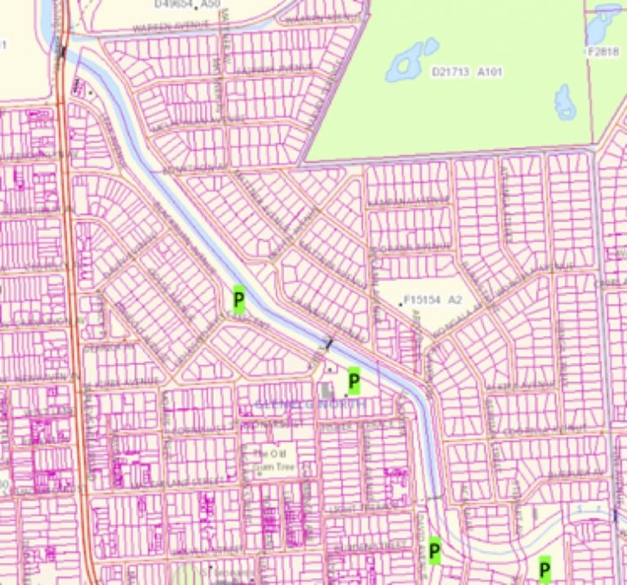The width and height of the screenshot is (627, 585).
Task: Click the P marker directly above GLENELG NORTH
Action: (354, 380)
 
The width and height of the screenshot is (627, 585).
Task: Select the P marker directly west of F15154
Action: (239, 300)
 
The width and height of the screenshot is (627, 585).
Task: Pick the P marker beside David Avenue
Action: (434, 552)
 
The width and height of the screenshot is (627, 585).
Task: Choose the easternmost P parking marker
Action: (545, 567)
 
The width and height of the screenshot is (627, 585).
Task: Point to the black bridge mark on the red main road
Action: (63, 51)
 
